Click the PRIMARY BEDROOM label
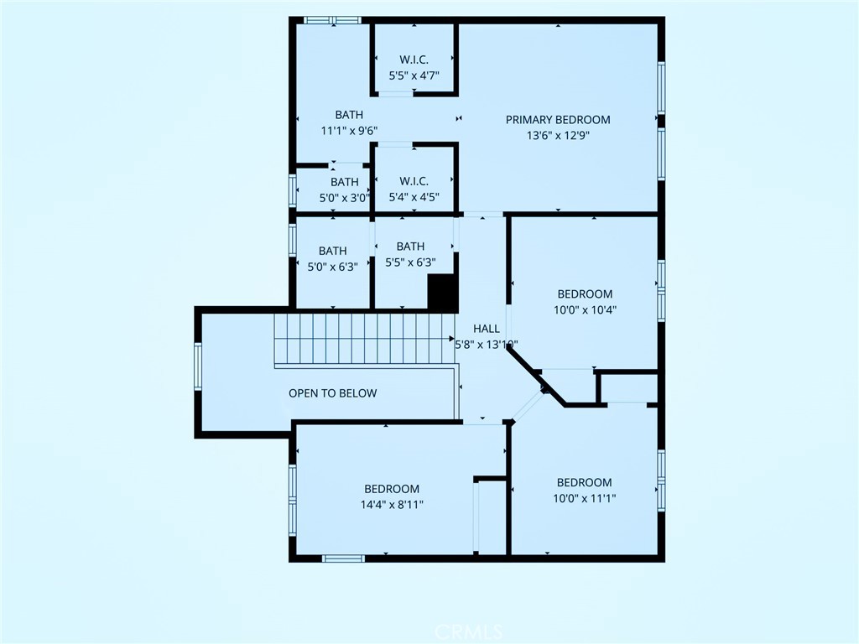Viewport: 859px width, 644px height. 558,120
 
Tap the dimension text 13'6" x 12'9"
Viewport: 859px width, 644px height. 558,135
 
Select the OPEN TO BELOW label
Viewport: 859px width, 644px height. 332,393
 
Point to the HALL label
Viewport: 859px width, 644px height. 487,329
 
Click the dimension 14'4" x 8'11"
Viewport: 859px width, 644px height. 392,504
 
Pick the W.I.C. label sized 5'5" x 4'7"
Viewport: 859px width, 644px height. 414,60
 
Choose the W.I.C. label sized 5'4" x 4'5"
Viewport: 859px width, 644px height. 414,181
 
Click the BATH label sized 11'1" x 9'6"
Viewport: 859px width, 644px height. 349,115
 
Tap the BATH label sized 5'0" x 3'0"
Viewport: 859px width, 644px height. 345,182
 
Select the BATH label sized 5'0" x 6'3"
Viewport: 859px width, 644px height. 332,251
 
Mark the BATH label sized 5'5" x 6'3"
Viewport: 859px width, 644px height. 410,247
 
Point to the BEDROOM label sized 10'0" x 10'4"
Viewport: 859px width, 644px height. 585,294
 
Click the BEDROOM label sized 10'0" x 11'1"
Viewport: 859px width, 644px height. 585,482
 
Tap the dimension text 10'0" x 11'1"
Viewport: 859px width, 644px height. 585,498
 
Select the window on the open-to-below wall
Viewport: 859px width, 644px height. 198,366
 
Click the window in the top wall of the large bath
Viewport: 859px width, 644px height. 332,20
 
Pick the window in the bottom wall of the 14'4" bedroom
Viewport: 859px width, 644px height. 343,558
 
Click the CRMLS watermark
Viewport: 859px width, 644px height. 468,632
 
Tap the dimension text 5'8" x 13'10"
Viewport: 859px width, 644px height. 487,345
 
